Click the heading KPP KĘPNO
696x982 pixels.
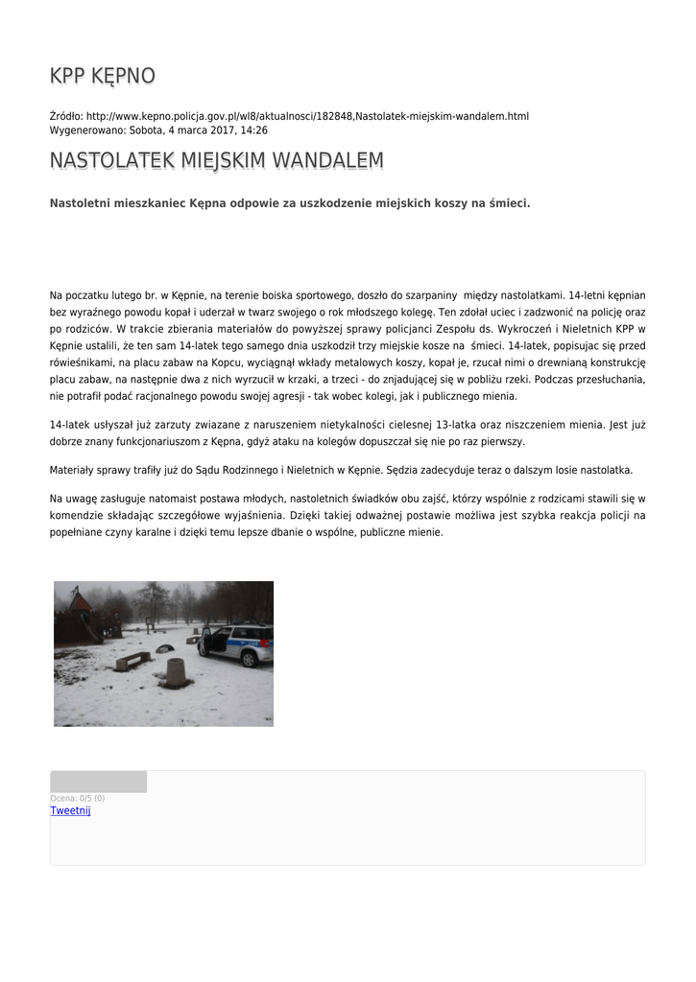(102, 77)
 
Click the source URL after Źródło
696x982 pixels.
(307, 116)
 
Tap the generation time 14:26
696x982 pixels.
(254, 130)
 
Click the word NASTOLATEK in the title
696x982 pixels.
(111, 161)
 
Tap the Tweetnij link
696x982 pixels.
(70, 811)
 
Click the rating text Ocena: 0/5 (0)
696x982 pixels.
(78, 798)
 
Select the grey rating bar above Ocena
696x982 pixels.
(98, 782)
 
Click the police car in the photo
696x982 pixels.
(240, 644)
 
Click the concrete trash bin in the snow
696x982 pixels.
(176, 673)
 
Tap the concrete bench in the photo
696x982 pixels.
(132, 661)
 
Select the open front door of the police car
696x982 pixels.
(207, 641)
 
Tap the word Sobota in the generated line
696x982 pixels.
(147, 130)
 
